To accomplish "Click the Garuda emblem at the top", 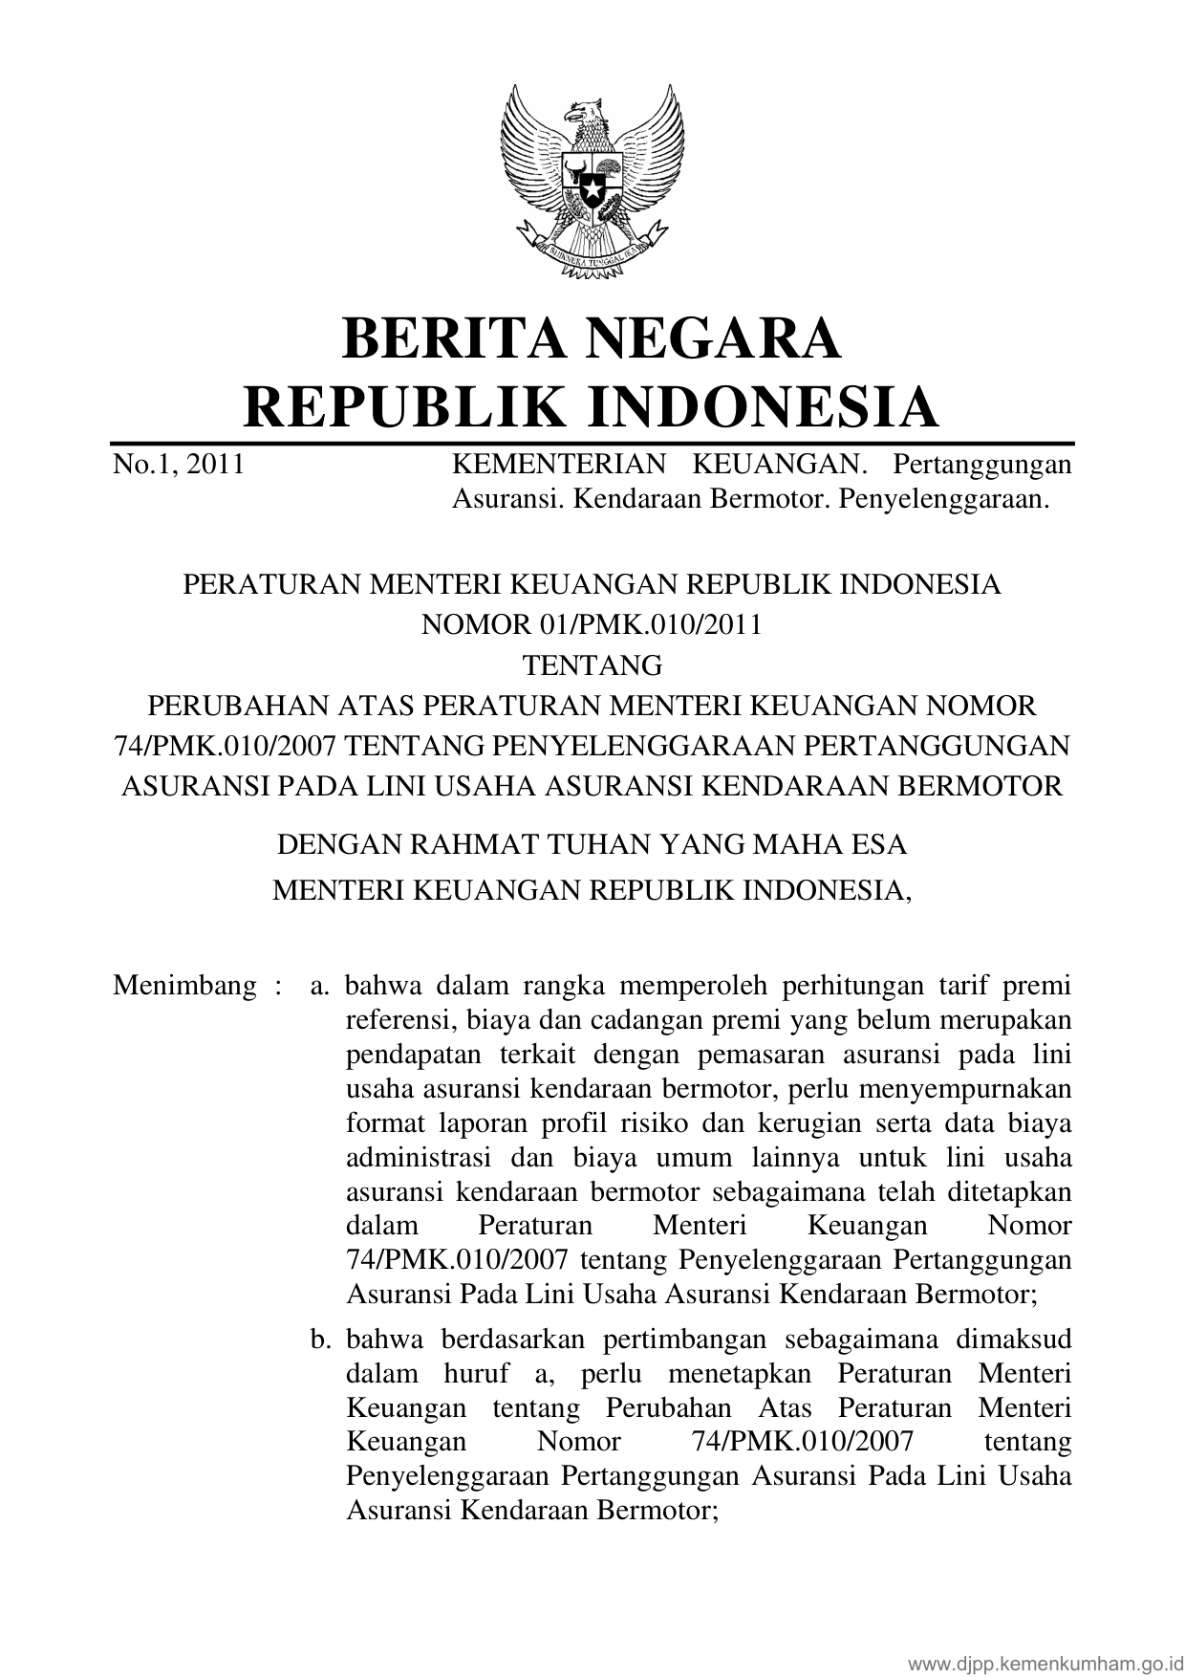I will pos(592,182).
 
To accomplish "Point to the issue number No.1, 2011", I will pos(179,465).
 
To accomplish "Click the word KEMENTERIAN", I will pos(558,465).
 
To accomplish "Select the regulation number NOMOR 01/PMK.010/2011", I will pos(592,624).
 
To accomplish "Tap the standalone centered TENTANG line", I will pos(592,665).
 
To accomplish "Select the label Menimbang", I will pos(184,986).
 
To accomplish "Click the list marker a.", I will pos(319,986).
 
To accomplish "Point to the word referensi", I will pos(399,1020).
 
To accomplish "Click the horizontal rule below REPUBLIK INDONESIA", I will pos(592,445).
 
